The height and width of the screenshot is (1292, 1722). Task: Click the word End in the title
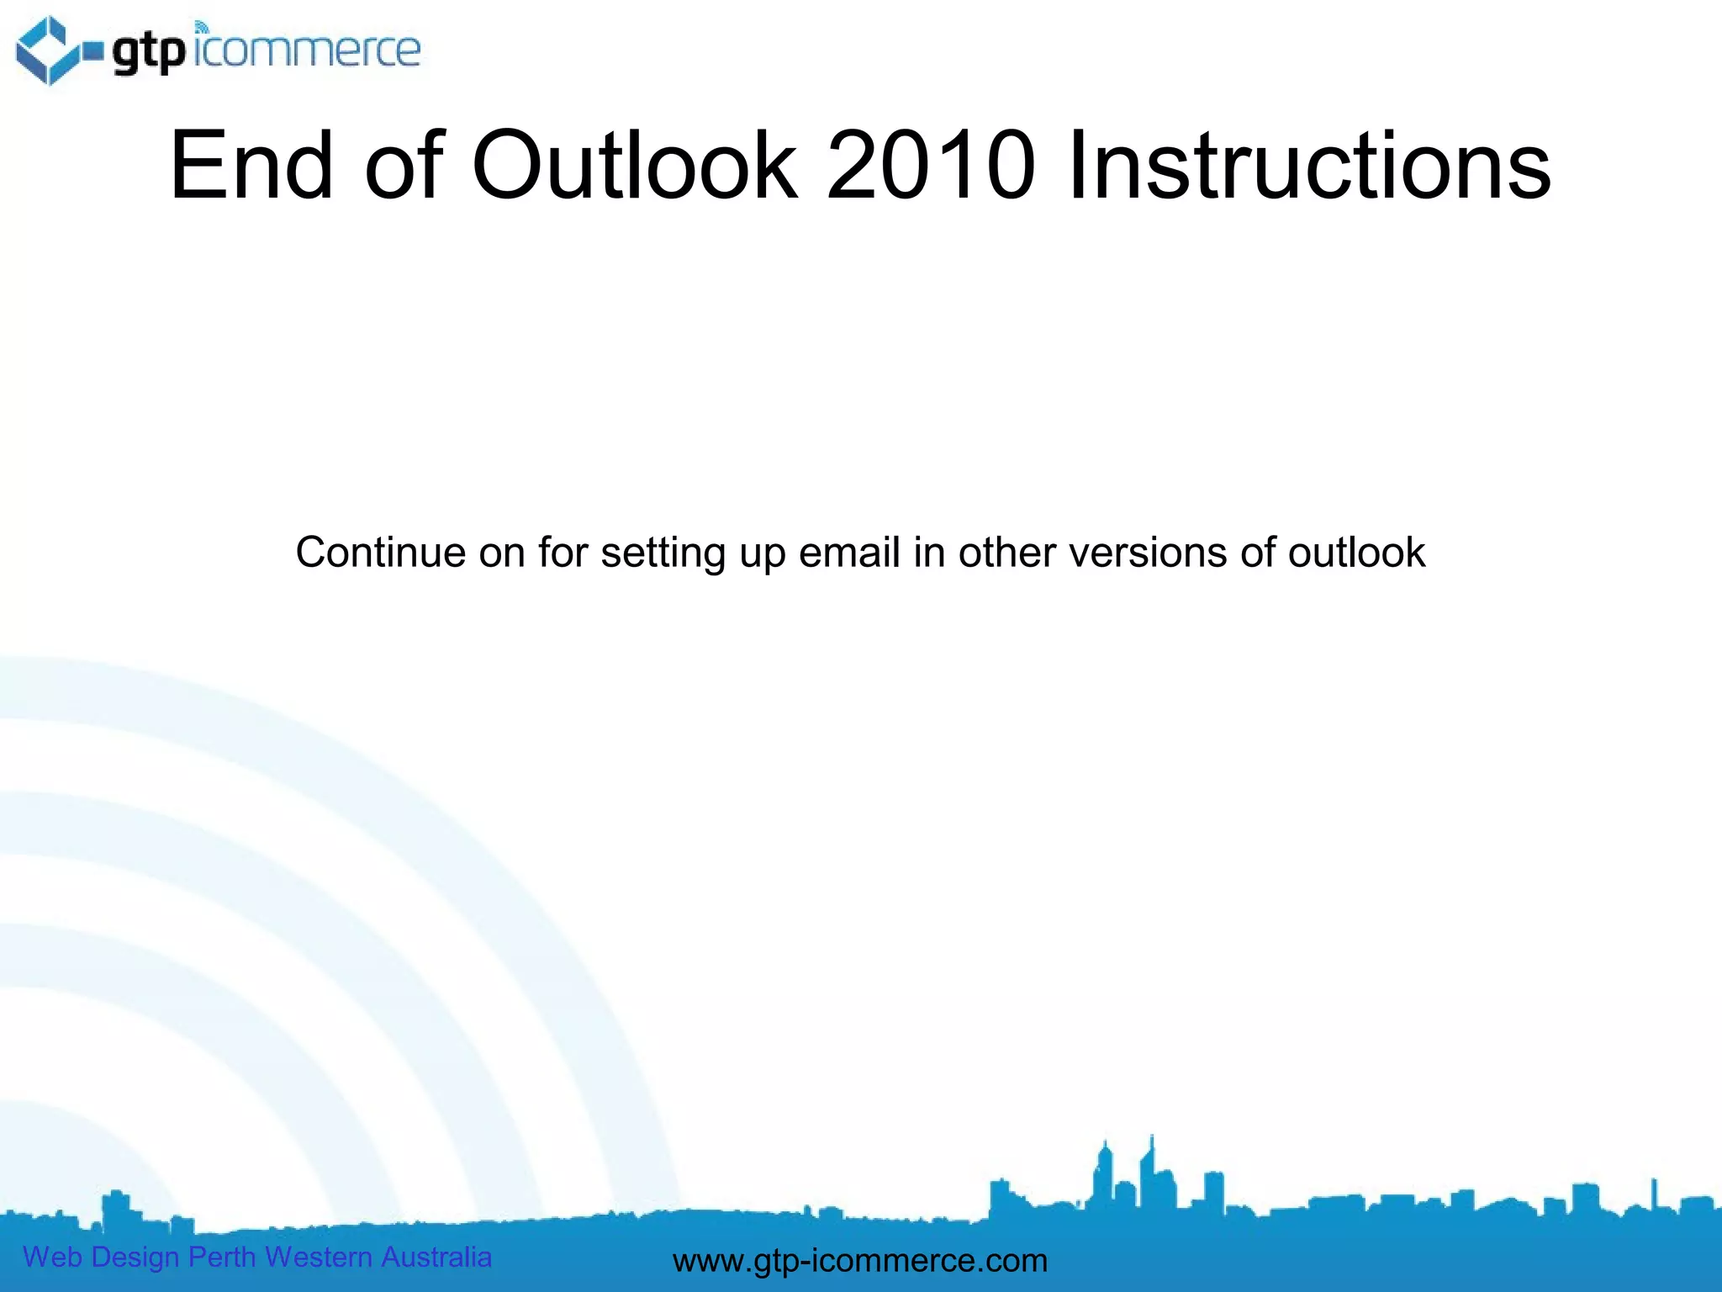click(251, 166)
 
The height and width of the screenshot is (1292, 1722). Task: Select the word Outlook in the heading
click(634, 166)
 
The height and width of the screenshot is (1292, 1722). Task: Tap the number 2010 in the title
click(931, 166)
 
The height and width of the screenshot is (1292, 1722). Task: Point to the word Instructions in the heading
click(1309, 166)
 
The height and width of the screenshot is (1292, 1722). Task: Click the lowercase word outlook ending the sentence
click(1356, 553)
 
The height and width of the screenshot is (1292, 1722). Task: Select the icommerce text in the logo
click(308, 50)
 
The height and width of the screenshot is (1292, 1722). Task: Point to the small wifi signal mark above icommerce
click(201, 27)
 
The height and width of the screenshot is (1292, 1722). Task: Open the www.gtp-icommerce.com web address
click(860, 1260)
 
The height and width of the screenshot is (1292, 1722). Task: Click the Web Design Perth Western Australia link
click(256, 1257)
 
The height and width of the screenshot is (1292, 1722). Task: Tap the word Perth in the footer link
click(221, 1257)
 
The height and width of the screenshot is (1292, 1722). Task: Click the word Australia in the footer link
click(436, 1257)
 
